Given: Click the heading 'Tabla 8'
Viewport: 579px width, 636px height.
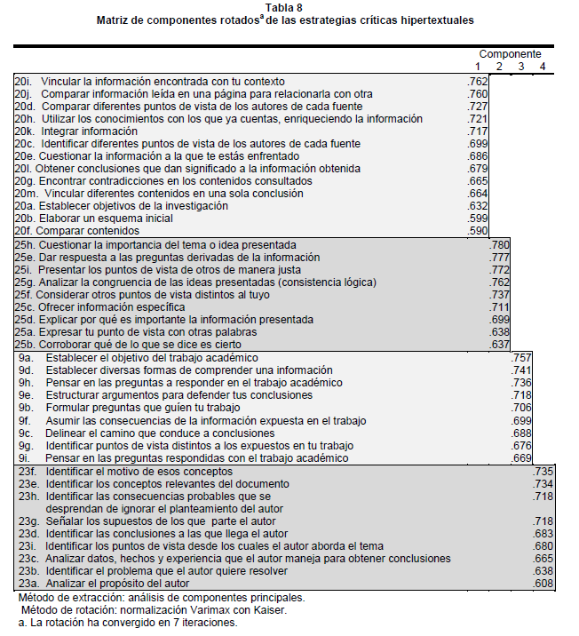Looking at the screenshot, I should pyautogui.click(x=289, y=7).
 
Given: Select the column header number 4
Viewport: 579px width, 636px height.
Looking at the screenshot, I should pyautogui.click(x=542, y=67).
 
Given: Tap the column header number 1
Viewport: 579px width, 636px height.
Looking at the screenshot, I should pyautogui.click(x=478, y=67).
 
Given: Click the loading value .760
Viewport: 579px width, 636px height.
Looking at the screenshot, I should pyautogui.click(x=478, y=93).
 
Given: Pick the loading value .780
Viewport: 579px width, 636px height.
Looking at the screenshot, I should pyautogui.click(x=500, y=244).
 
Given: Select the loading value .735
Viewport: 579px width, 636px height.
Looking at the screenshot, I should pyautogui.click(x=543, y=471).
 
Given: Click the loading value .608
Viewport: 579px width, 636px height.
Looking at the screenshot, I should pyautogui.click(x=543, y=584).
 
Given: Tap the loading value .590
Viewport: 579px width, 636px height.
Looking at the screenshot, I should pyautogui.click(x=478, y=231).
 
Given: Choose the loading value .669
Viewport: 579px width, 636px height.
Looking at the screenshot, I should pyautogui.click(x=521, y=457).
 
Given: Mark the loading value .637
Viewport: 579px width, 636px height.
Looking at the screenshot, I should pyautogui.click(x=500, y=345).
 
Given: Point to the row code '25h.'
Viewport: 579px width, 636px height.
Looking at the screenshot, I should pyautogui.click(x=26, y=244).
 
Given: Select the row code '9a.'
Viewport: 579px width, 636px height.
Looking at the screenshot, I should pyautogui.click(x=25, y=357).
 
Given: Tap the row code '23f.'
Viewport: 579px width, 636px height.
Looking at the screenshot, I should pyautogui.click(x=28, y=471).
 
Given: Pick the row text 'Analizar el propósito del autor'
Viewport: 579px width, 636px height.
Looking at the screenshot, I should pyautogui.click(x=121, y=584).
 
